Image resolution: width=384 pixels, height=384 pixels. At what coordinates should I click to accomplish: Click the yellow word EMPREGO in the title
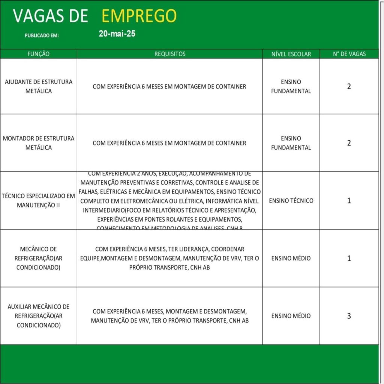point(139,16)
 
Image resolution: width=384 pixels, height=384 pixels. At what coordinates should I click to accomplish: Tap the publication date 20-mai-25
point(117,34)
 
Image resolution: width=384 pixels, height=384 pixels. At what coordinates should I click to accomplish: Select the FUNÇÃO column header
point(39,54)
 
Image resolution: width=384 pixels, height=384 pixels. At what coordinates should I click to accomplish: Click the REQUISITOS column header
point(169,54)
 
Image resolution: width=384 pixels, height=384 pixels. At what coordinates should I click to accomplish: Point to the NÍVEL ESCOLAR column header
point(291,54)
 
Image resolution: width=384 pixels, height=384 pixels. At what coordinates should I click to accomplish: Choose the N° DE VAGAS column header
point(349,54)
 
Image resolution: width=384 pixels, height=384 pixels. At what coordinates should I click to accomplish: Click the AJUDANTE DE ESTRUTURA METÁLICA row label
point(39,86)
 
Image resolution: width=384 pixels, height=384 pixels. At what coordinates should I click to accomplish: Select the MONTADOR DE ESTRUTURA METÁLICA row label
point(39,143)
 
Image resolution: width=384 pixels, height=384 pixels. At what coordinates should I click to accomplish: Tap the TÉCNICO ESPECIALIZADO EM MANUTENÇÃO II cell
point(39,201)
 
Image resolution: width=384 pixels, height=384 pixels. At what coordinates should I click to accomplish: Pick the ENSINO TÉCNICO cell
point(291,201)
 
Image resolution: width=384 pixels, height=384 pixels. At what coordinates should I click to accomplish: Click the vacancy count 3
point(349,316)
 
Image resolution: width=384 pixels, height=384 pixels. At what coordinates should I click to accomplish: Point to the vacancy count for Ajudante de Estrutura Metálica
point(349,86)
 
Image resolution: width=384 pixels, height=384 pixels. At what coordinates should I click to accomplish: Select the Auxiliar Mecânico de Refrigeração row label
point(39,316)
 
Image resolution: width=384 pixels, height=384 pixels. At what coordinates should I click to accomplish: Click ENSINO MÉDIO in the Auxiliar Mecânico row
point(291,316)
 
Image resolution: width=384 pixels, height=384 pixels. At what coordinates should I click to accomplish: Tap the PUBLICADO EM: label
point(42,36)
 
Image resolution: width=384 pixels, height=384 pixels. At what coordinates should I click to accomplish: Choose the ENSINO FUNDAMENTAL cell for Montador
point(291,143)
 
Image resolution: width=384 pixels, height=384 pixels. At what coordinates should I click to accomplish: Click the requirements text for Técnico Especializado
point(169,201)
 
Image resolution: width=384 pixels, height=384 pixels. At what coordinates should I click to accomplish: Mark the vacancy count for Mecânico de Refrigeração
point(349,258)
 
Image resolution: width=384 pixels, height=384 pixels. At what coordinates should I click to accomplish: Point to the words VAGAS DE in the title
point(51,16)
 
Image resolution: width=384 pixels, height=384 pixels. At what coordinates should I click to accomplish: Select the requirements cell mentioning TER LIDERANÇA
point(169,258)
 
